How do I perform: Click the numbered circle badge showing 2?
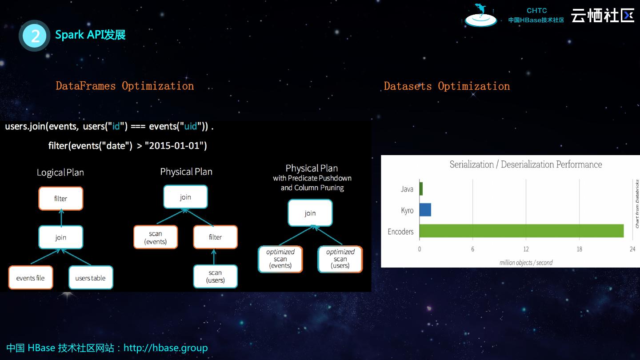click(x=35, y=36)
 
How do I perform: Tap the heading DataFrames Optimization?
click(x=124, y=86)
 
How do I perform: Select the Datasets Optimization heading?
click(x=447, y=86)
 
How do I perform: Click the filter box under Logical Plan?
click(x=60, y=199)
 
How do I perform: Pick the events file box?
click(x=30, y=278)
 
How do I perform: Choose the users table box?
click(x=90, y=278)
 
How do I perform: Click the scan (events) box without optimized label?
click(x=156, y=237)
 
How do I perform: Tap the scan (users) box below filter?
click(x=215, y=276)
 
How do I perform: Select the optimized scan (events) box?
click(x=280, y=259)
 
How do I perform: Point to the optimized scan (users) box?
click(x=340, y=259)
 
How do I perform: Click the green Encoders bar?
click(x=521, y=231)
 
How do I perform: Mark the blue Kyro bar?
click(x=425, y=210)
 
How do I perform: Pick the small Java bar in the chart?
click(x=421, y=189)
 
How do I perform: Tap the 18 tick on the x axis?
click(x=579, y=249)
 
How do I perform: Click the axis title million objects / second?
click(x=526, y=263)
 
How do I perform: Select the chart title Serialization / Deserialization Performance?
click(x=526, y=164)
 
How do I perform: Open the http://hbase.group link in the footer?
click(x=165, y=348)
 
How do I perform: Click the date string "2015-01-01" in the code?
click(x=176, y=146)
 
